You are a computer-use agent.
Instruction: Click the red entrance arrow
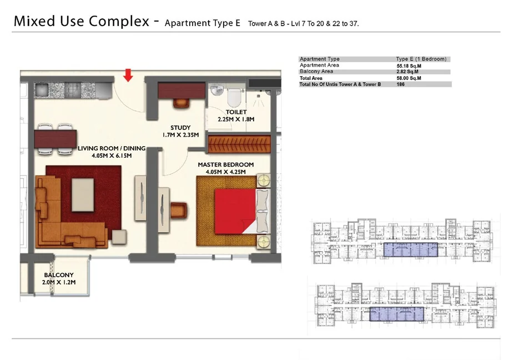128,75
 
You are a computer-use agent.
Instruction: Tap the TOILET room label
236,112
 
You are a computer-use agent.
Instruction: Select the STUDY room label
180,128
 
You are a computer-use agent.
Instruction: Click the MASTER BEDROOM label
226,165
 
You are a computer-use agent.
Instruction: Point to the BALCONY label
59,275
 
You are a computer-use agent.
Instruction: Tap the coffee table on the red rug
83,195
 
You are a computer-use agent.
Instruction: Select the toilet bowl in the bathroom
233,96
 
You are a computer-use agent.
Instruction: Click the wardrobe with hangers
239,144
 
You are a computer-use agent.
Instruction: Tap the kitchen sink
42,89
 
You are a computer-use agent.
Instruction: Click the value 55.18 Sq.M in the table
409,66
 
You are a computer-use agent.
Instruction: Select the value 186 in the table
401,84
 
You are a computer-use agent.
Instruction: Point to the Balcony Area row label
316,72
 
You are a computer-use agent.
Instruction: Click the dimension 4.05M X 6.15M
112,156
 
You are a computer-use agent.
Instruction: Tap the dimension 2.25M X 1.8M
236,119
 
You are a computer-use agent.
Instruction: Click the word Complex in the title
119,22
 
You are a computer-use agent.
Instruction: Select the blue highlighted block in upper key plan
411,249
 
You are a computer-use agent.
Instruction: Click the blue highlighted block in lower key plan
397,314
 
